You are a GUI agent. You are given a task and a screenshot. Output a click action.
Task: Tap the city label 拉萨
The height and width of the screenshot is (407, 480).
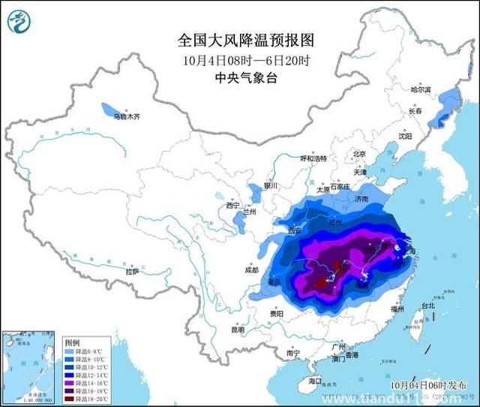coord(133,272)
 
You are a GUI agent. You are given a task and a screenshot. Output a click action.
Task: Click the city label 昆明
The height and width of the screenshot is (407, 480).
coord(238,329)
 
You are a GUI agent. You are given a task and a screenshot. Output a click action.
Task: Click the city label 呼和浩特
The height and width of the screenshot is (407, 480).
coord(314,158)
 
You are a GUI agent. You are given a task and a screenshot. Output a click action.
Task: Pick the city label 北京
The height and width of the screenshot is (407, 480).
coord(358,154)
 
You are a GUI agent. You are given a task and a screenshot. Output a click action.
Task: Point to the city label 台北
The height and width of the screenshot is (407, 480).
coord(427,306)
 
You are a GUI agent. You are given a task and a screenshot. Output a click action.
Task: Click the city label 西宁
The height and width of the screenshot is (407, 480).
coord(232,205)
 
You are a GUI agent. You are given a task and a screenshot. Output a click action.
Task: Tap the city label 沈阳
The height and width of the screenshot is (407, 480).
coord(406,137)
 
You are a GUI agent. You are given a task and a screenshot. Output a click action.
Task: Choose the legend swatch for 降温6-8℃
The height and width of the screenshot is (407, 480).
coord(70,351)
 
